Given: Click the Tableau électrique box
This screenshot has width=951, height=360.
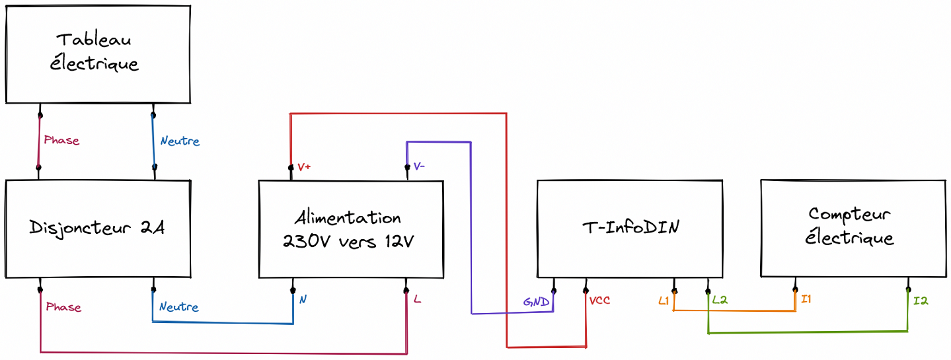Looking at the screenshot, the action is click(x=98, y=54).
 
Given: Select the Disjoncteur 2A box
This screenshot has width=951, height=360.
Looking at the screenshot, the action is click(x=98, y=229).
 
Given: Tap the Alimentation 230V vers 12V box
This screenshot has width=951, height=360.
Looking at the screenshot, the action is click(x=351, y=229).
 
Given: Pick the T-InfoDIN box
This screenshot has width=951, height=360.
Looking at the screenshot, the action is click(x=630, y=229).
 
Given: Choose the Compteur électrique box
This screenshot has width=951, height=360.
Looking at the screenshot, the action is click(x=853, y=228).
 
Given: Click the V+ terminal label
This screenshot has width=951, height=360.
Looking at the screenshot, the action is click(x=304, y=167).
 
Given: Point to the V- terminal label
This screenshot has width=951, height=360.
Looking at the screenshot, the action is click(x=419, y=166).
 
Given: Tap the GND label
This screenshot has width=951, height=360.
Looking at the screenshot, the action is click(x=536, y=302).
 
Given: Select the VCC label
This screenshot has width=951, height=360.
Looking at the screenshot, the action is click(x=599, y=301).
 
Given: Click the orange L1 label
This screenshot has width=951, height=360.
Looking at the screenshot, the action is click(x=664, y=301).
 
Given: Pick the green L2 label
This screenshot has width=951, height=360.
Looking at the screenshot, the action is click(x=720, y=300).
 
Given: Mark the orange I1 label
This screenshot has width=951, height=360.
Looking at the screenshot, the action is click(x=806, y=299).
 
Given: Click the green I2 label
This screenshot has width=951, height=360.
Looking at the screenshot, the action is click(x=921, y=301).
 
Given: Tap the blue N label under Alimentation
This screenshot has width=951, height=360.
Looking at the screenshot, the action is click(x=303, y=299).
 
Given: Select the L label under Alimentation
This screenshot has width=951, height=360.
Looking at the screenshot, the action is click(x=417, y=299).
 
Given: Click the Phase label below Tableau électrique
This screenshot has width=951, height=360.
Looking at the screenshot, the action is click(x=61, y=140).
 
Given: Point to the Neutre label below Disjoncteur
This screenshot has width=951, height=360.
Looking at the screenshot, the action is click(x=178, y=306).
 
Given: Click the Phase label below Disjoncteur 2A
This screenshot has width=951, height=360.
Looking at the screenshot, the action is click(x=63, y=306).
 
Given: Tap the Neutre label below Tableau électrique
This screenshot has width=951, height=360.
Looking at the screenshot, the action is click(x=180, y=141).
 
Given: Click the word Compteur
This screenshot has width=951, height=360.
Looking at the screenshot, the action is click(x=849, y=215).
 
